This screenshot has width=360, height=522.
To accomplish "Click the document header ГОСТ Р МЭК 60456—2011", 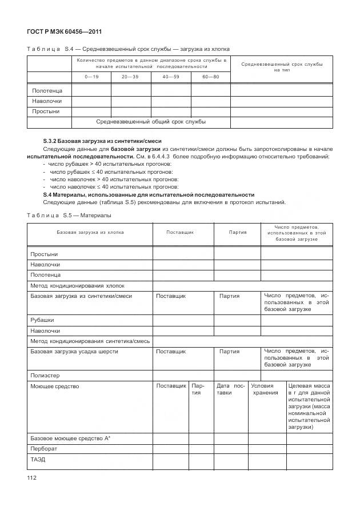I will click(60, 31).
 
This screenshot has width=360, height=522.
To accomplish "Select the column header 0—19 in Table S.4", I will click(91, 77).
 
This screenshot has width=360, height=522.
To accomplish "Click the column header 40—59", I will click(170, 77).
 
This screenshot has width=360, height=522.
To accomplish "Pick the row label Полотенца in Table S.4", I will click(43, 90).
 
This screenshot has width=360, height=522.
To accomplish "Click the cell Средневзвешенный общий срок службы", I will click(151, 121).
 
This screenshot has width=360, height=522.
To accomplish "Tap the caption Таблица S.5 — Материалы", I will click(69, 215).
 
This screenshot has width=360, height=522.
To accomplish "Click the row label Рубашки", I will click(42, 320).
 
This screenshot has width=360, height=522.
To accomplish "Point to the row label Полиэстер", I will click(45, 376).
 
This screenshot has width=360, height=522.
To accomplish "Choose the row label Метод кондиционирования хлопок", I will click(77, 285).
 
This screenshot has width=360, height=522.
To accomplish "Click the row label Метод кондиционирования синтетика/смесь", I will click(90, 341).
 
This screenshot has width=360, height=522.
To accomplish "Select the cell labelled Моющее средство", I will click(55, 386).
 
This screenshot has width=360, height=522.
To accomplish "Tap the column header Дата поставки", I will click(231, 389).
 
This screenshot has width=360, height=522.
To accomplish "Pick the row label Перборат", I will click(43, 449).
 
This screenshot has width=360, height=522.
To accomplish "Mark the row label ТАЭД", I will click(38, 459).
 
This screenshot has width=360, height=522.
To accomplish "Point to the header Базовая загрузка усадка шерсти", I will click(74, 351).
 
